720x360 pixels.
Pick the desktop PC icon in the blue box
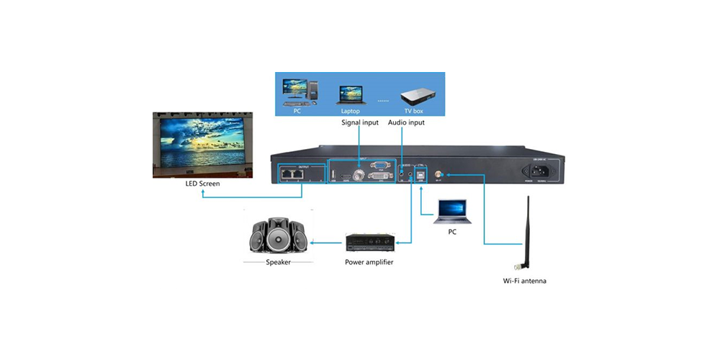tap(298, 91)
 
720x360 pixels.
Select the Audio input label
tap(406, 122)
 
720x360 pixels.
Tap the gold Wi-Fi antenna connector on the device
tap(441, 174)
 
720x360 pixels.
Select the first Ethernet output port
tap(287, 174)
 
